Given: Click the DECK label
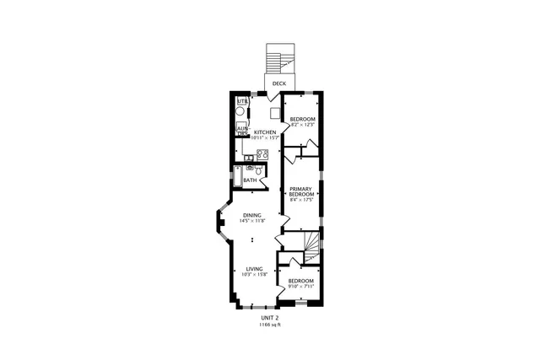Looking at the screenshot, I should (278, 84).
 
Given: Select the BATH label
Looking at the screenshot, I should (251, 180).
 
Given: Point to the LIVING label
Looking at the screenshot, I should (254, 268).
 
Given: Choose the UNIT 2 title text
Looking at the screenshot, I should (269, 318).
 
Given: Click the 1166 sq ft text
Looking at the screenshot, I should (269, 325).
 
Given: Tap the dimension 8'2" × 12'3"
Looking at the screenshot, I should (302, 125).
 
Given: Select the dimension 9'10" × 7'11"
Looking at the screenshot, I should (300, 286).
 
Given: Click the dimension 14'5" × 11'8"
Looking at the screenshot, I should (253, 221).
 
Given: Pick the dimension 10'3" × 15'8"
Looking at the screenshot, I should (254, 274).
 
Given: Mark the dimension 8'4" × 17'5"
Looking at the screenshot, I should (301, 200).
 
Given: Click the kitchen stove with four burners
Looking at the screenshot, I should (262, 154).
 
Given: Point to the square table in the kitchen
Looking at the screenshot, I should (275, 114).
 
